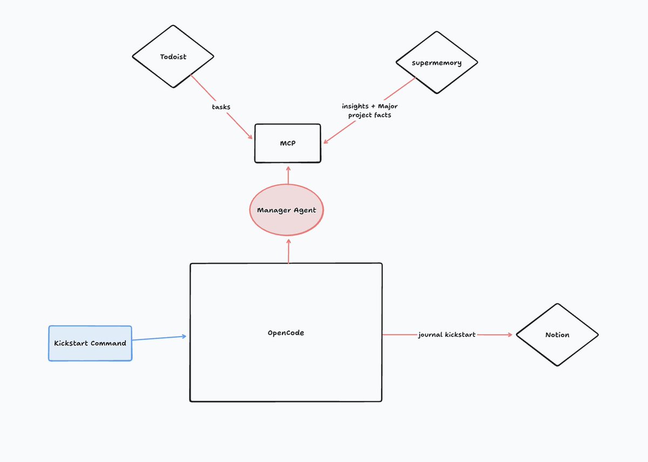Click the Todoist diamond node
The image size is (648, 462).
coord(173,56)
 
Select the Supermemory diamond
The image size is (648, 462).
coord(436,63)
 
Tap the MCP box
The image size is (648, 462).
coord(287,143)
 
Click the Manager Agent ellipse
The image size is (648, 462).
coord(286,210)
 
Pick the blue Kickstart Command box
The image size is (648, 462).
coord(90,343)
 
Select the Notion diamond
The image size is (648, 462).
coord(557,334)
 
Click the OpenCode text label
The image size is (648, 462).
coord(286,333)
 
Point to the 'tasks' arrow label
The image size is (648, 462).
coord(221,107)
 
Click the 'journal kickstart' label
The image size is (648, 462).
coord(447,335)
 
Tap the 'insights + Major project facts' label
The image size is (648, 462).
coord(369,111)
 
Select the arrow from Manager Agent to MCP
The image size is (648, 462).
coord(288,175)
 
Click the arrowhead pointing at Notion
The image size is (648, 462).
coord(510,335)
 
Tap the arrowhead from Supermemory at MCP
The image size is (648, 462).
coord(326,142)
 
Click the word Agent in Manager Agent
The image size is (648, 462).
coord(303,210)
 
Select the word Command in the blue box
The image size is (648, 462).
coord(109,343)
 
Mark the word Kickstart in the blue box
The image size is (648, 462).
coord(71,343)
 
